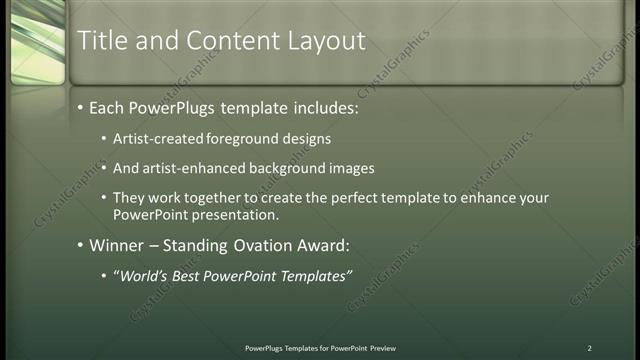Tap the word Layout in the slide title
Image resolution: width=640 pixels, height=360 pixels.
[x=328, y=40]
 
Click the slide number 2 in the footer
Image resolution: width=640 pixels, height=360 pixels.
[x=589, y=348]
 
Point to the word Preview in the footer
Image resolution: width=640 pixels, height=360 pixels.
[x=383, y=348]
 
